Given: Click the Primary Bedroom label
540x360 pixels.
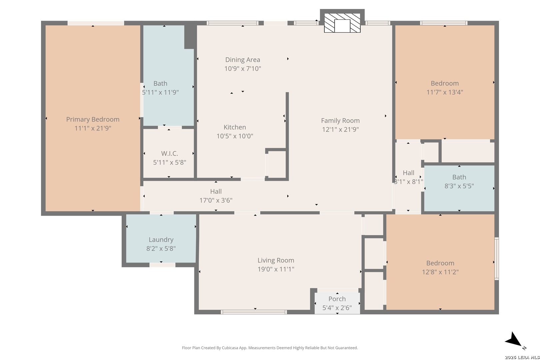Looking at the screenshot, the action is [93, 119].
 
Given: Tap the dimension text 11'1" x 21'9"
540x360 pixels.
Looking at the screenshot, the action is [93, 128].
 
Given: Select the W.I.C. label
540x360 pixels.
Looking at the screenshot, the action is [169, 153].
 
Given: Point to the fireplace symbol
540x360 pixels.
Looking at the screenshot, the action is [342, 23].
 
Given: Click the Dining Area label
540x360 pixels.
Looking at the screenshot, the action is [243, 60].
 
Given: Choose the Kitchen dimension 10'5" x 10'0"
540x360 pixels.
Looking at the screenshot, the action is [235, 136].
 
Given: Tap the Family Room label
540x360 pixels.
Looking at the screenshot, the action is [340, 121].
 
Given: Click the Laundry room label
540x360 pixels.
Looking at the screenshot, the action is [161, 240].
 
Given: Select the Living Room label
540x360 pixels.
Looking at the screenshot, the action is [276, 260].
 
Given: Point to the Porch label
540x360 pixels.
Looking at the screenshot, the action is [337, 299].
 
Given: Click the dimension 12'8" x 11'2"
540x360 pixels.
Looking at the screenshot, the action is [440, 272].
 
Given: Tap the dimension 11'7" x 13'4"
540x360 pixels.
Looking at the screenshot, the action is [445, 92].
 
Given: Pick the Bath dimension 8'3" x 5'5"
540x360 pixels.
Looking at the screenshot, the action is [459, 186].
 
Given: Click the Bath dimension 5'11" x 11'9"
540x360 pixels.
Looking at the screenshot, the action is [160, 92].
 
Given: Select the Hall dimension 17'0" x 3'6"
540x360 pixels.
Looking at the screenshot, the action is [216, 200].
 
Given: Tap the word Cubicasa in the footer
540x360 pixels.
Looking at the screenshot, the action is [231, 348].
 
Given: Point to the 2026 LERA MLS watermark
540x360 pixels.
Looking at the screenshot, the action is [522, 357].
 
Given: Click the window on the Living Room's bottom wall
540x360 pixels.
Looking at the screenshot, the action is [254, 312].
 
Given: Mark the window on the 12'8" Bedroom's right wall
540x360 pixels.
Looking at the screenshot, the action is [497, 259].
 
